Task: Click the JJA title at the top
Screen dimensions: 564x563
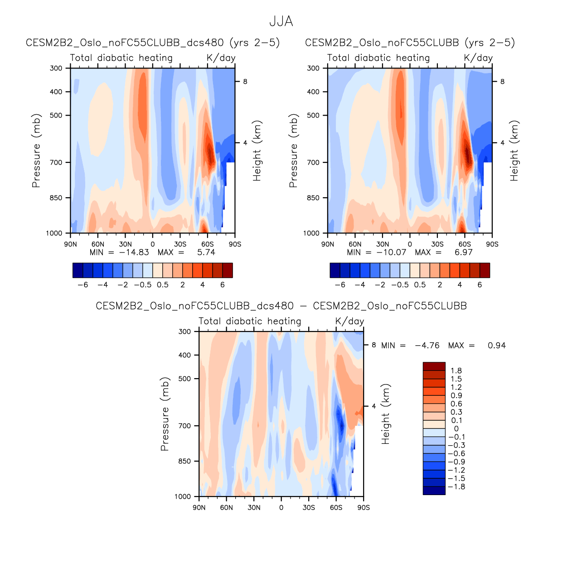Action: point(281,21)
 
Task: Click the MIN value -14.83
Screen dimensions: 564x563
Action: point(134,253)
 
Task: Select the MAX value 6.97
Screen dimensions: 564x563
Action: point(463,253)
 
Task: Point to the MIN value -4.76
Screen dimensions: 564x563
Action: point(427,345)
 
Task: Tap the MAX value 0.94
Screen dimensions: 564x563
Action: point(496,345)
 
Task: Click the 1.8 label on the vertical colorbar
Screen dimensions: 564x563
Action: point(456,371)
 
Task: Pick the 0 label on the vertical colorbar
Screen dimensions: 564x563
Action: point(456,429)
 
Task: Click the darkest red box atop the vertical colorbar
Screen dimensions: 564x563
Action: point(434,366)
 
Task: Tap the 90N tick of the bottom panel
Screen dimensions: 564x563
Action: point(199,508)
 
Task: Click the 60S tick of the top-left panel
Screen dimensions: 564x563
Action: point(207,244)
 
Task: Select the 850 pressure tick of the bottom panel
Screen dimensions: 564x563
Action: point(184,462)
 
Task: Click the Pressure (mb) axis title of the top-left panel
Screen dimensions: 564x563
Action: point(36,151)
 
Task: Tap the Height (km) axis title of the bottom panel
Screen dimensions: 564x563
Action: point(386,414)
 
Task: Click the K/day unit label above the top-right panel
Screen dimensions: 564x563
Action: point(478,58)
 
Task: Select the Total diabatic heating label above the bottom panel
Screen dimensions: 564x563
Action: point(250,321)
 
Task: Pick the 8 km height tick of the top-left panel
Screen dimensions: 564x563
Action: point(245,82)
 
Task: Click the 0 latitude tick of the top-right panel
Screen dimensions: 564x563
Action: point(410,244)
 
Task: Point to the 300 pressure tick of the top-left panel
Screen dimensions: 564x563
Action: point(56,68)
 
